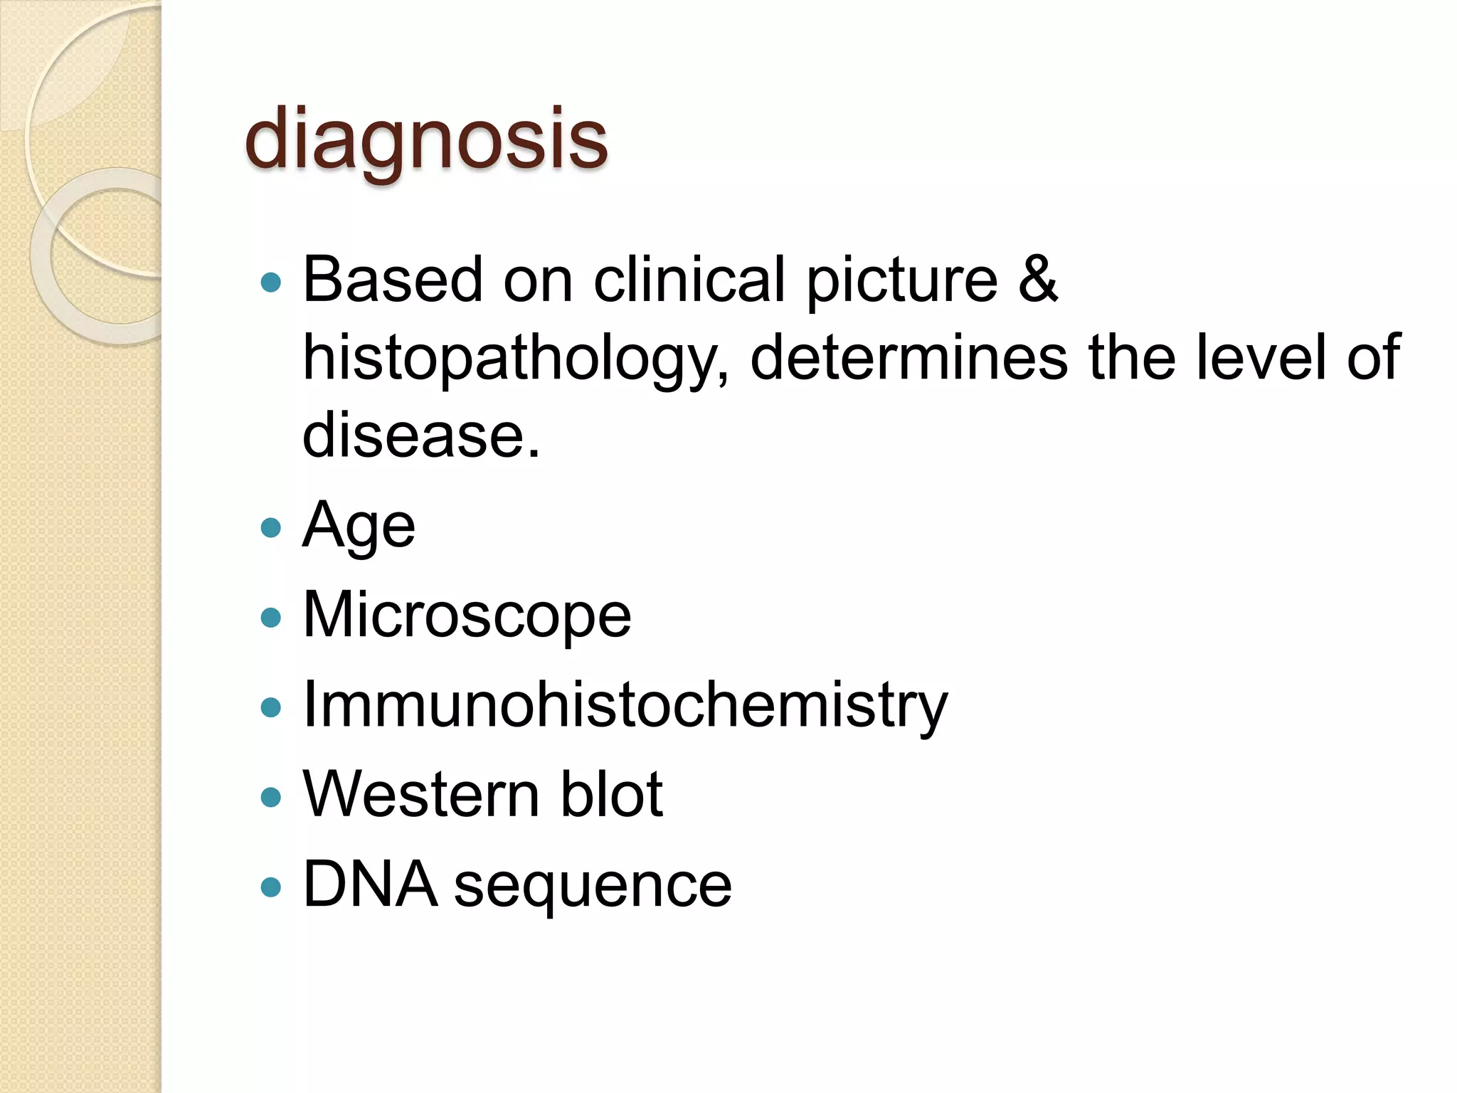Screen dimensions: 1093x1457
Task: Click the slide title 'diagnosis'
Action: (425, 139)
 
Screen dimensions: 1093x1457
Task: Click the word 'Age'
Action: (359, 527)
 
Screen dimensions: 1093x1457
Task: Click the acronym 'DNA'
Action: (369, 885)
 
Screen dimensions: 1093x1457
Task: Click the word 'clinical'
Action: (689, 278)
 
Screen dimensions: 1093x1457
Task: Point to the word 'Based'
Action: (393, 278)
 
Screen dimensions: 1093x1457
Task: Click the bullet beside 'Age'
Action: (271, 527)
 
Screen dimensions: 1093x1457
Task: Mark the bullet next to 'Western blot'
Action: (271, 796)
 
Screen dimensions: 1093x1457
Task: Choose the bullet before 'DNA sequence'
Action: (271, 887)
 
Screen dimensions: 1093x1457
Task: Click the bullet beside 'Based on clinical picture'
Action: (271, 283)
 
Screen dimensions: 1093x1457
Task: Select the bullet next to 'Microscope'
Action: (271, 617)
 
